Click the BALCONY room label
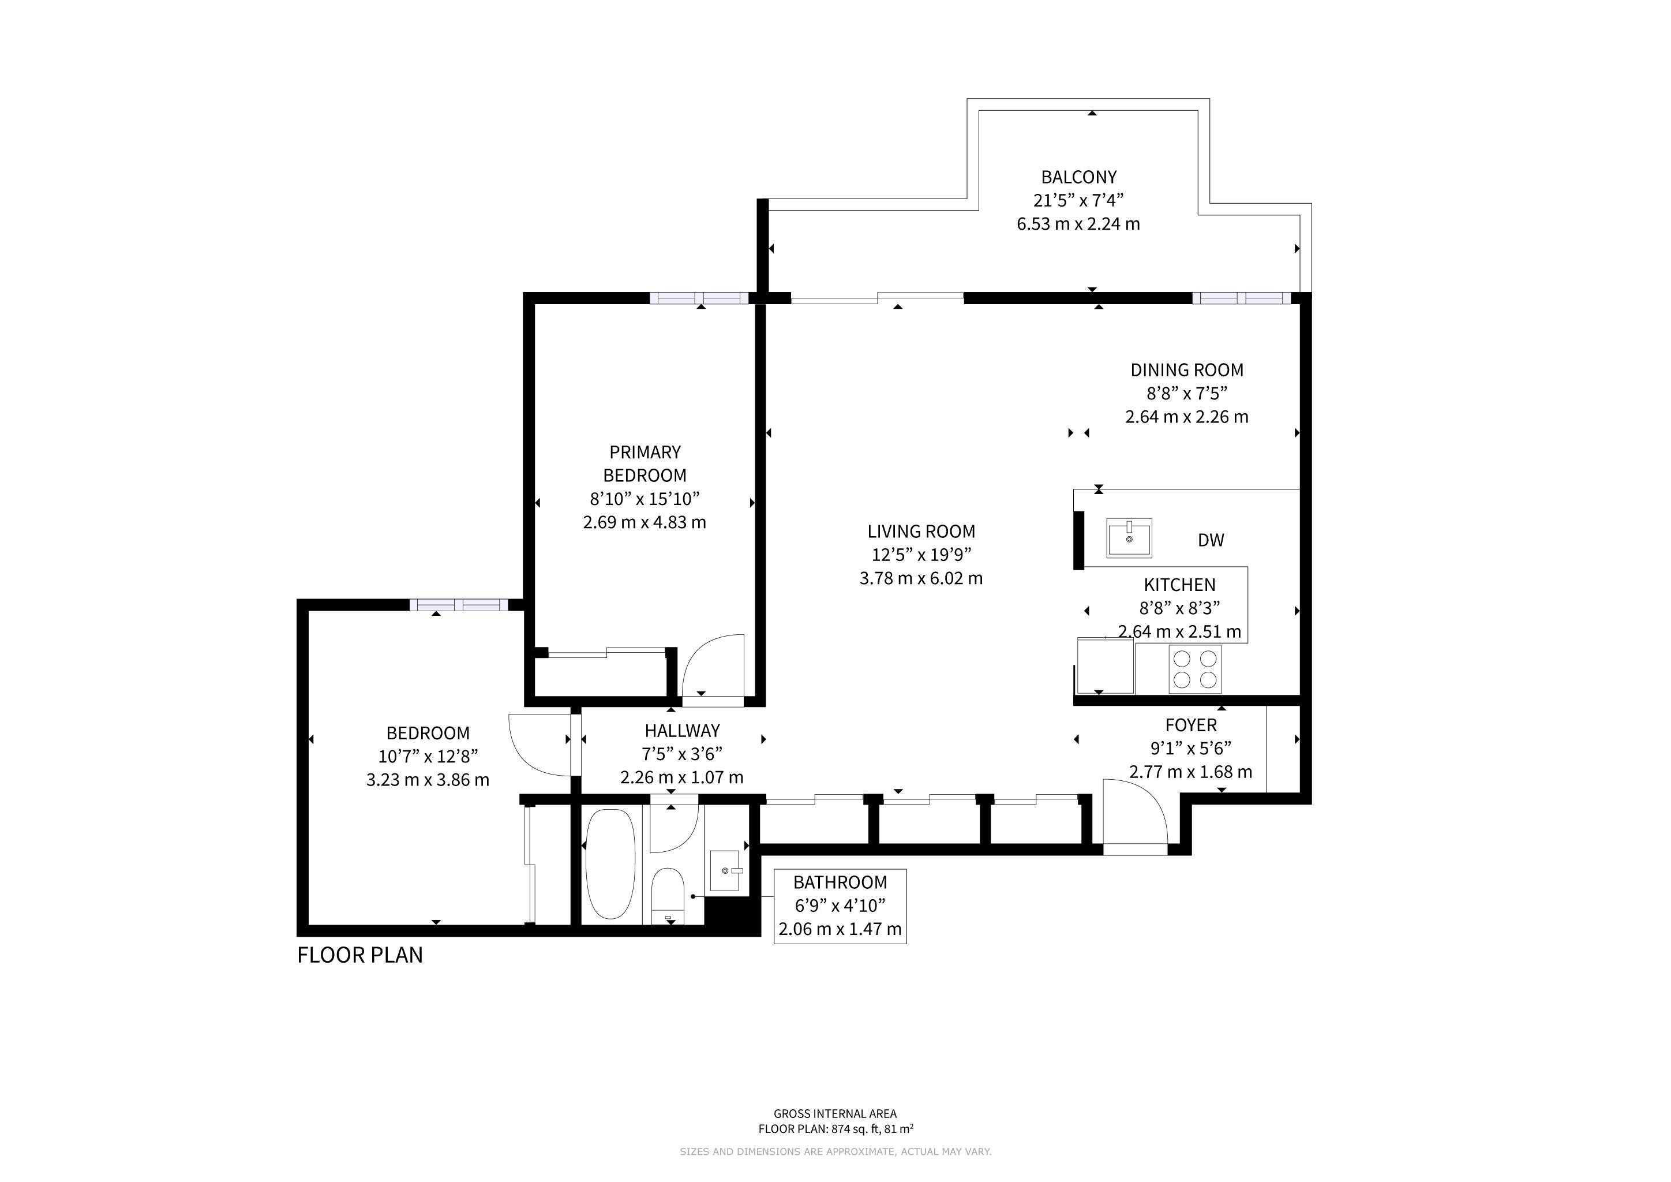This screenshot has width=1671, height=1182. click(1078, 177)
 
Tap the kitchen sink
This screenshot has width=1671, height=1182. click(1129, 538)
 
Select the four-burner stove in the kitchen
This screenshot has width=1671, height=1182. click(1195, 669)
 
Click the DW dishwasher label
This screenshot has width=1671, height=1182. click(1211, 540)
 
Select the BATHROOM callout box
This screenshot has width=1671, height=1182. click(840, 906)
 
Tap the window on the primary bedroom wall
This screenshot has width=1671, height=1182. click(699, 298)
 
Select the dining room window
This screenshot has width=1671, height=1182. click(1242, 298)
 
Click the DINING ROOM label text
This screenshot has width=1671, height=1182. click(1187, 370)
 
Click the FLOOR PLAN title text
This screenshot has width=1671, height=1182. click(359, 955)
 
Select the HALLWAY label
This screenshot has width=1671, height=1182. click(682, 731)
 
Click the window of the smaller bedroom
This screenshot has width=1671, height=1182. click(459, 604)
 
